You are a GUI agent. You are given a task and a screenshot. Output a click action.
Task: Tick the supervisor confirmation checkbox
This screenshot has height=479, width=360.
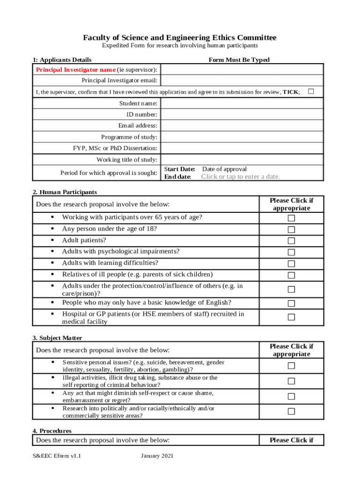tap(311, 91)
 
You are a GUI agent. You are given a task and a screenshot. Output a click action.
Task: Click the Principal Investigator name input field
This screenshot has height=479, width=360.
tap(242, 69)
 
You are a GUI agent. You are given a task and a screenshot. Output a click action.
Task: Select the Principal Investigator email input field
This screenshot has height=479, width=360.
tap(242, 80)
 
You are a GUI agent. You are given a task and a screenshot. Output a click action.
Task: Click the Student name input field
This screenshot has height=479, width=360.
tap(242, 103)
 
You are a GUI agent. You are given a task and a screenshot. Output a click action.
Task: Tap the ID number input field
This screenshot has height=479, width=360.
tap(242, 114)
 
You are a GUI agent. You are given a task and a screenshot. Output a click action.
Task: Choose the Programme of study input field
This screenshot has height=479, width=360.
tap(242, 137)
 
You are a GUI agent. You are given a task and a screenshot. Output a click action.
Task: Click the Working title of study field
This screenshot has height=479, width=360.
tap(242, 160)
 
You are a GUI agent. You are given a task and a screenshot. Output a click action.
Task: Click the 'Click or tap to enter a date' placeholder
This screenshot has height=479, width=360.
tap(240, 177)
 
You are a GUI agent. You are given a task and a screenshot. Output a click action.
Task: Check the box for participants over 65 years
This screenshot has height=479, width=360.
tap(291, 218)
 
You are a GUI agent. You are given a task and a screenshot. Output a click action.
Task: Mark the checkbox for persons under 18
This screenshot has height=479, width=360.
tap(291, 230)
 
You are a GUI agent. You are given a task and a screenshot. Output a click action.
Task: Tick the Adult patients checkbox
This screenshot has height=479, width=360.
tap(291, 241)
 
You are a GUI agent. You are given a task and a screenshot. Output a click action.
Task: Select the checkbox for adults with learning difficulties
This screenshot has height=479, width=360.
tap(291, 264)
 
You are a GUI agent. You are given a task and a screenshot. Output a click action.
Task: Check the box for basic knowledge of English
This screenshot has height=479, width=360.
tap(291, 304)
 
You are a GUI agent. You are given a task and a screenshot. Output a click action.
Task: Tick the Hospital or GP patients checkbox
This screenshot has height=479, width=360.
tap(291, 317)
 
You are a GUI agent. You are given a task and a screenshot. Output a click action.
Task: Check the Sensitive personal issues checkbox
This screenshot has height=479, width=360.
tap(291, 366)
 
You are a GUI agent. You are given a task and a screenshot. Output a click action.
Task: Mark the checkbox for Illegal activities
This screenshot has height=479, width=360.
tap(291, 381)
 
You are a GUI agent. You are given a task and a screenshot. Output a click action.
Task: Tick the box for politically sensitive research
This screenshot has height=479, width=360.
tap(291, 412)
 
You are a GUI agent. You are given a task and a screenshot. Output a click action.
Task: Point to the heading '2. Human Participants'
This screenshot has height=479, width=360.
tap(65, 192)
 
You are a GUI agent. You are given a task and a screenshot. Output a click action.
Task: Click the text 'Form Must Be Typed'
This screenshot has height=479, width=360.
tap(239, 60)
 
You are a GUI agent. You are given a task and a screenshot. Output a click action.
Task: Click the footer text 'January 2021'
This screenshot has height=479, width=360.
tap(157, 456)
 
